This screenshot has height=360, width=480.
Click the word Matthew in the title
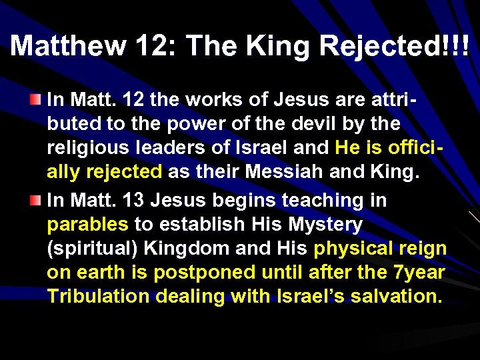coord(67,45)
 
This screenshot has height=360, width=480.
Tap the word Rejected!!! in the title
coord(395,45)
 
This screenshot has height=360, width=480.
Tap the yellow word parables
coord(87,225)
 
